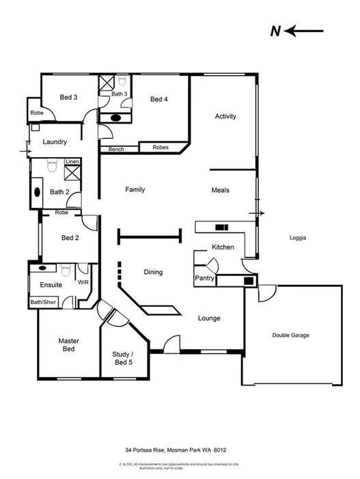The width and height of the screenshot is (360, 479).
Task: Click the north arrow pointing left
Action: point(305,31)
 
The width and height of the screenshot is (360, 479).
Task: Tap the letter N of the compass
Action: point(275,31)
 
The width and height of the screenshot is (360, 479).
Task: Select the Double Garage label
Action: point(290,336)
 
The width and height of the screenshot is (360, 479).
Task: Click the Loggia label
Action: point(297,238)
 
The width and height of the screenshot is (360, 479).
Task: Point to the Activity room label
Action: point(225,116)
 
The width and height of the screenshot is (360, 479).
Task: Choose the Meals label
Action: point(220,191)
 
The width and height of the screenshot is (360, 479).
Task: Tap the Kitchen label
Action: point(223,247)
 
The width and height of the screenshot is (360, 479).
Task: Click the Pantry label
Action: point(205,279)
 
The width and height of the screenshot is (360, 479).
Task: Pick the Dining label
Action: point(153,273)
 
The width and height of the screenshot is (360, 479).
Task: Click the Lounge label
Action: point(209,318)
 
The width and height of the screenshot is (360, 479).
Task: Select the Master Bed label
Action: point(68,345)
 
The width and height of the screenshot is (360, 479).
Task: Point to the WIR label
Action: point(83,282)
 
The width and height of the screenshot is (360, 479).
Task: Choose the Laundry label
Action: point(55,142)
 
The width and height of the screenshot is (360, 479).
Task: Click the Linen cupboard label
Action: point(72,162)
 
